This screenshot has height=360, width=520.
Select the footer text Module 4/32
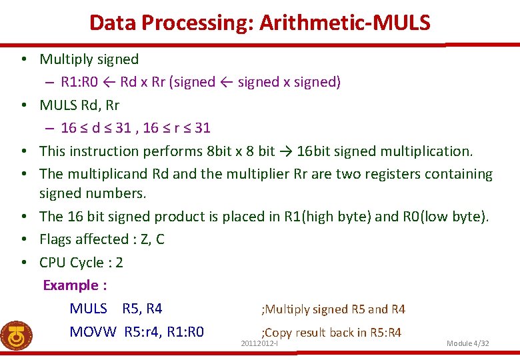(x=467, y=343)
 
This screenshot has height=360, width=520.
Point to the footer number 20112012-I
(x=259, y=343)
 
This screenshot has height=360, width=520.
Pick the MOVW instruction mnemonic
(x=93, y=332)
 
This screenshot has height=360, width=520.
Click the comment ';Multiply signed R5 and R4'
(x=333, y=309)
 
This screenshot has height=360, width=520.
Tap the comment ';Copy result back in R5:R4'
(x=331, y=332)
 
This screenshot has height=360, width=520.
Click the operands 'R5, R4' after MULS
(x=142, y=309)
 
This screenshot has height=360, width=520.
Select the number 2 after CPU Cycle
(x=119, y=263)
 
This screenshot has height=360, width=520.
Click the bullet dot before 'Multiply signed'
(x=23, y=59)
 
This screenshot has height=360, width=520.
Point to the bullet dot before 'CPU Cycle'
(x=23, y=263)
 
